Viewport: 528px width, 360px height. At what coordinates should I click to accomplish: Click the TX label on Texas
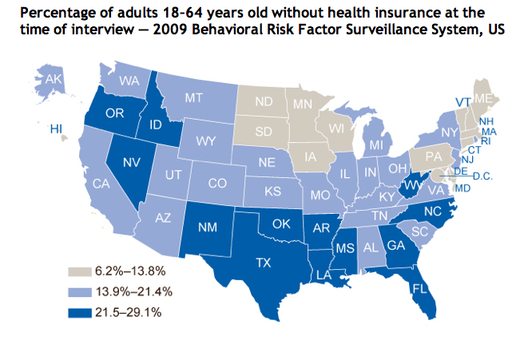263,260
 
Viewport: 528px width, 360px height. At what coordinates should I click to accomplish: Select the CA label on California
101,184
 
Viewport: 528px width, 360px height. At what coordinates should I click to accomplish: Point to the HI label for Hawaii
57,128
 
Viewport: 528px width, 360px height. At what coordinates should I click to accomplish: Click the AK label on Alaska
54,80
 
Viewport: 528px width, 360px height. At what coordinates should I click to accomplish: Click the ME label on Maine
482,98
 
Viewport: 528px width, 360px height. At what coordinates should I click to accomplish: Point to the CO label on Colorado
216,183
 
